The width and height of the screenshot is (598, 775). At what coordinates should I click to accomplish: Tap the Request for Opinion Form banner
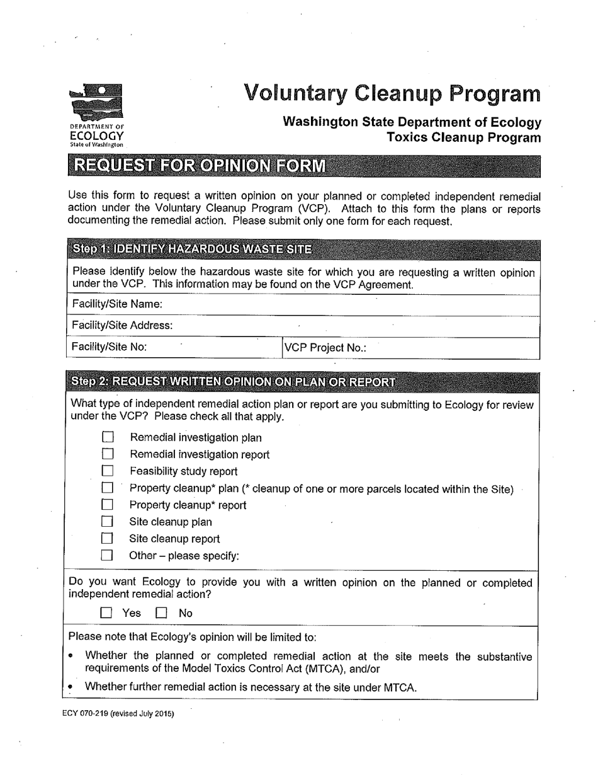pyautogui.click(x=200, y=166)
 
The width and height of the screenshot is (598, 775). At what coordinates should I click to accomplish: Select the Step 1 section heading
pyautogui.click(x=192, y=249)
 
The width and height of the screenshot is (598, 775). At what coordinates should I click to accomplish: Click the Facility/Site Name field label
pyautogui.click(x=118, y=304)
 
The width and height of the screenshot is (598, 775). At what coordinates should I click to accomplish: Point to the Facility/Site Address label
pyautogui.click(x=123, y=325)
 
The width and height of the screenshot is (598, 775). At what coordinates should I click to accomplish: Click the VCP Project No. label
pyautogui.click(x=325, y=348)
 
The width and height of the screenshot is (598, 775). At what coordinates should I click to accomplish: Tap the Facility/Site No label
pyautogui.click(x=110, y=347)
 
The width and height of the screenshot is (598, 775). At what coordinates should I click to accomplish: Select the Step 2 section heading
pyautogui.click(x=234, y=382)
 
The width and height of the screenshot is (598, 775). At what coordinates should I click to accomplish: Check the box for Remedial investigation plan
pyautogui.click(x=108, y=437)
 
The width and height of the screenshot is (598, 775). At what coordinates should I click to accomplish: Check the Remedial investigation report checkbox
pyautogui.click(x=108, y=454)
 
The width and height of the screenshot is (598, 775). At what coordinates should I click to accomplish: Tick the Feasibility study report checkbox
pyautogui.click(x=108, y=471)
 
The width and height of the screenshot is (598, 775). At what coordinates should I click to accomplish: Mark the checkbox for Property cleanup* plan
pyautogui.click(x=108, y=488)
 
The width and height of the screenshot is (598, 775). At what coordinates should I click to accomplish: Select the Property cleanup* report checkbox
pyautogui.click(x=108, y=505)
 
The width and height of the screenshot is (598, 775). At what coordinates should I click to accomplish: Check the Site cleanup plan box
pyautogui.click(x=108, y=522)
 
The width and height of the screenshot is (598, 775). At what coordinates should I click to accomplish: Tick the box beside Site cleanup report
pyautogui.click(x=108, y=539)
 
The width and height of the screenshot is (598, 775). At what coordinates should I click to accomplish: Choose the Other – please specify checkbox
pyautogui.click(x=108, y=556)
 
